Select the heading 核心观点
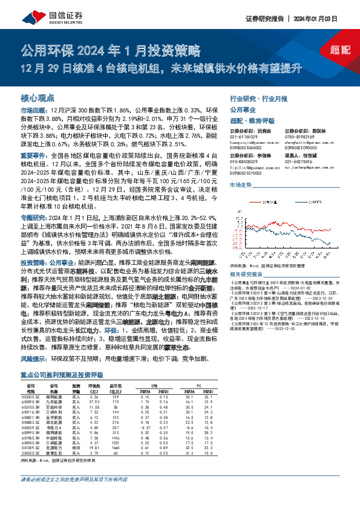[x=38, y=97]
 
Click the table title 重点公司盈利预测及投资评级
[x=60, y=374]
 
